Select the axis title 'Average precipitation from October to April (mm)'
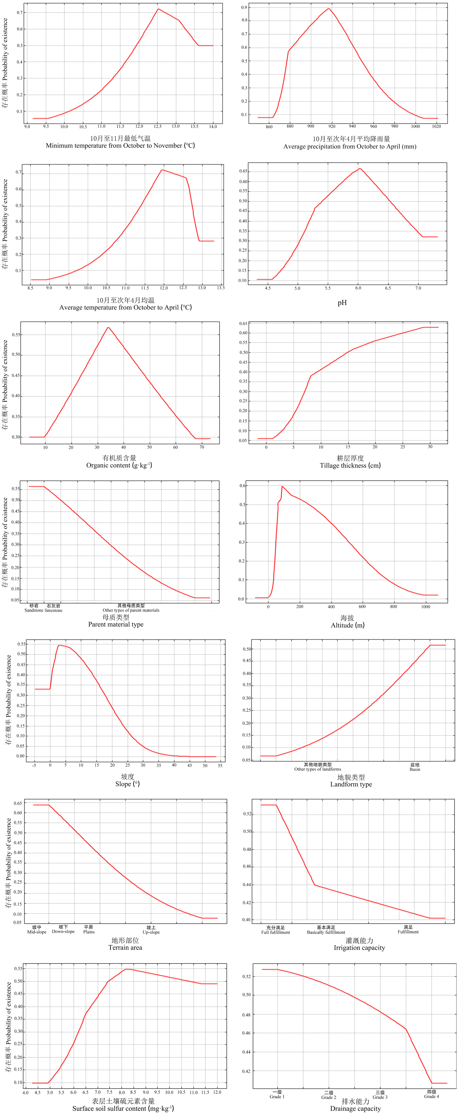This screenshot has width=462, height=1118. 350,147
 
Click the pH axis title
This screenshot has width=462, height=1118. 342,302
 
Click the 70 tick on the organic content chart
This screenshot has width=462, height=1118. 202,447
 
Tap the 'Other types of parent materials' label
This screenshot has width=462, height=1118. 131,610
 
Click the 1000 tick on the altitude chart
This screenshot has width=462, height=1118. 426,607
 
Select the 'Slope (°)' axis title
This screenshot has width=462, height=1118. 127,784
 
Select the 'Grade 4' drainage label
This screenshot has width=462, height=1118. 431,1096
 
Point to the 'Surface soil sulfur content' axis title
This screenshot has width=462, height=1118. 123,1108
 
